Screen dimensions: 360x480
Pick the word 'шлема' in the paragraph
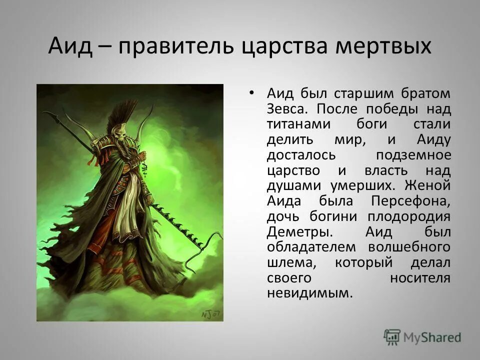click(x=289, y=263)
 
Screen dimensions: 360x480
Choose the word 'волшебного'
click(x=409, y=247)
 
